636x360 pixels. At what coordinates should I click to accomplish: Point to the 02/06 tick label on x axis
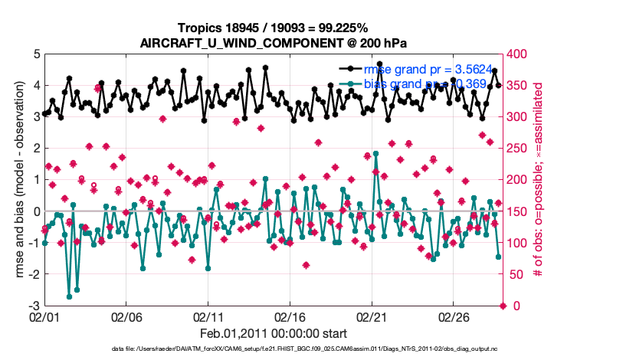pos(126,316)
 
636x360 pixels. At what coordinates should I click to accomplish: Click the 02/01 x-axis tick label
pos(44,316)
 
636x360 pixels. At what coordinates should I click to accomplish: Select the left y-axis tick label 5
pos(36,54)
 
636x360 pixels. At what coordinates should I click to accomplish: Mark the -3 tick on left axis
pos(34,306)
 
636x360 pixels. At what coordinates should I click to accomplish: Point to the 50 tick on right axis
pos(517,274)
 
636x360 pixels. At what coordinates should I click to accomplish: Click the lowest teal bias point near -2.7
pos(69,296)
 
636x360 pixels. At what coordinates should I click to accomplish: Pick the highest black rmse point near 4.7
pos(379,64)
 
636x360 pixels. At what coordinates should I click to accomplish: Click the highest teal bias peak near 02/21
pos(375,153)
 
